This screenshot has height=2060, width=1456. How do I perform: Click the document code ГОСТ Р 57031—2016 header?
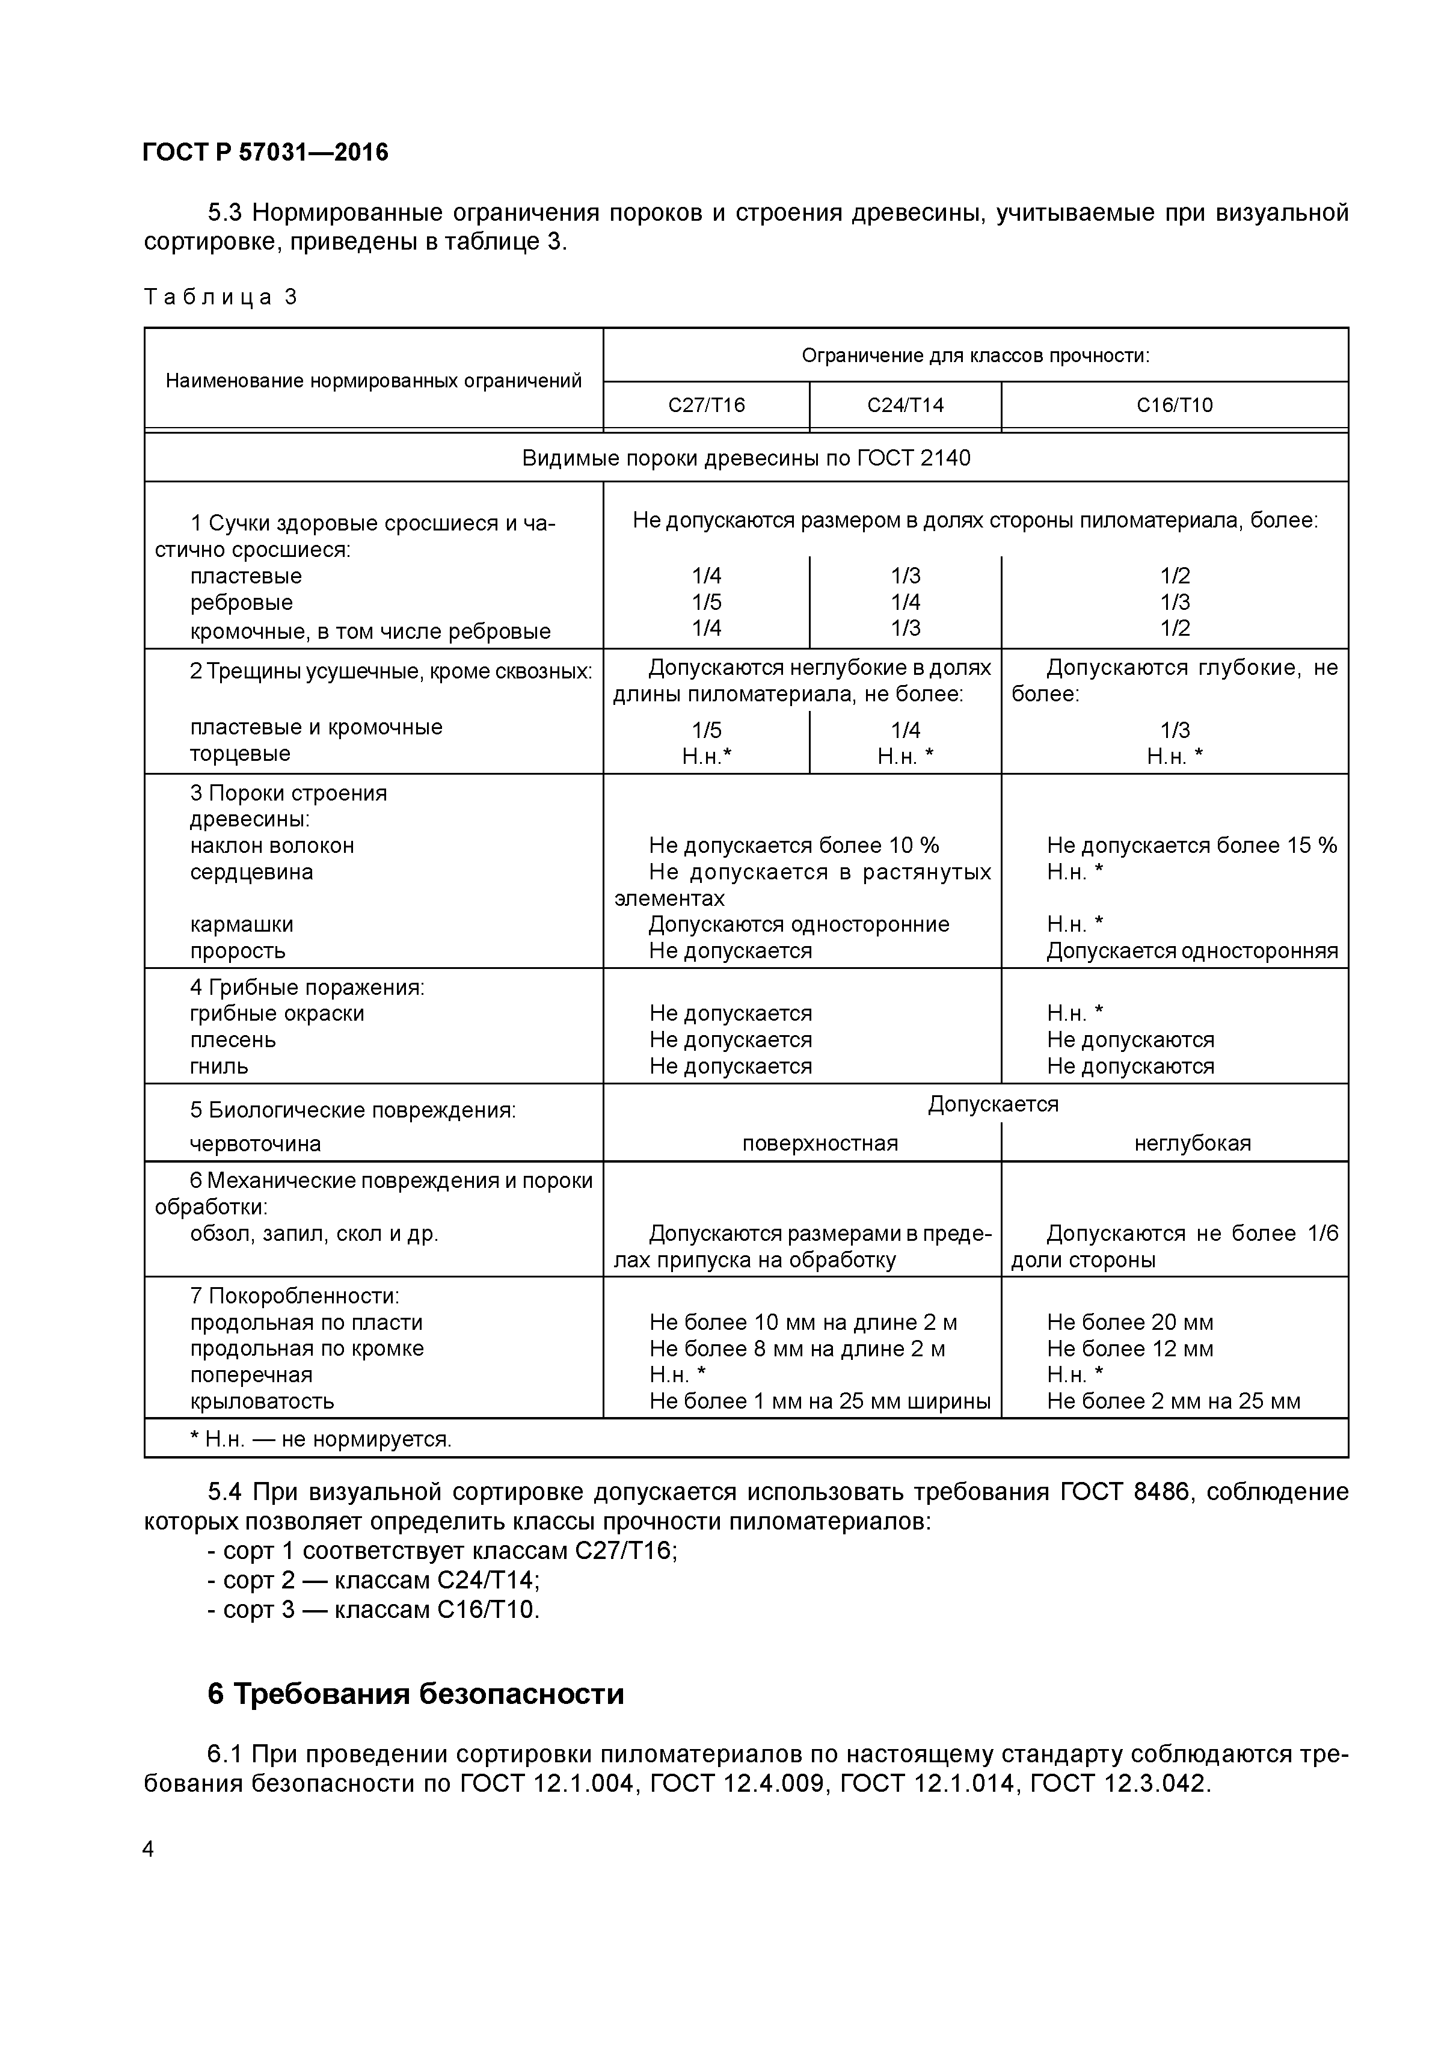(266, 153)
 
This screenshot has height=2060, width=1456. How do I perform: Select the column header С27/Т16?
(706, 405)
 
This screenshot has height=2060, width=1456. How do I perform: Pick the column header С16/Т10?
(1175, 405)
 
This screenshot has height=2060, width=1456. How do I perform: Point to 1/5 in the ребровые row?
(706, 602)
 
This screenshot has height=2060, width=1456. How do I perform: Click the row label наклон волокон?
(272, 845)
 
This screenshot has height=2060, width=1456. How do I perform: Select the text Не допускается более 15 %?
(1191, 845)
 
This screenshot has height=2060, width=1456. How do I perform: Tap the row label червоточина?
(255, 1143)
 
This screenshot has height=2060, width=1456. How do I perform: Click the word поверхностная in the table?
(819, 1143)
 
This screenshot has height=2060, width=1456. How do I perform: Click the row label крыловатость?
(262, 1401)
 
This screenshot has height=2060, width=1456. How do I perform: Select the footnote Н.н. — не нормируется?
(321, 1439)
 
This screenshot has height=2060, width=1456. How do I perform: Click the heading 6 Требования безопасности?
(416, 1694)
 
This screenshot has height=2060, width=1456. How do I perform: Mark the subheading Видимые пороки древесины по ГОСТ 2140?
(746, 458)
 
